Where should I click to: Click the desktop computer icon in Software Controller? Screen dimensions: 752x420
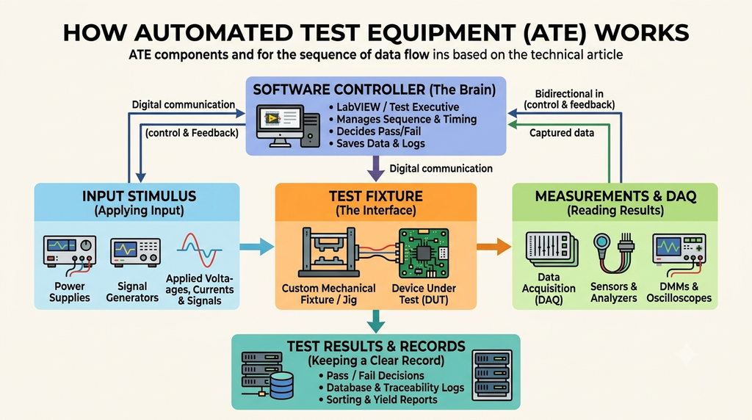[x=288, y=126]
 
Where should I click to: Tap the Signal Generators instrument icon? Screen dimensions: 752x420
[x=136, y=252]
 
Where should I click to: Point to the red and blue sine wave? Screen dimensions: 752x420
[x=199, y=250]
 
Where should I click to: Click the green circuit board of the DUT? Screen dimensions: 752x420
[x=424, y=253]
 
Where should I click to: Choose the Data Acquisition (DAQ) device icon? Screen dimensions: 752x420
[x=552, y=250]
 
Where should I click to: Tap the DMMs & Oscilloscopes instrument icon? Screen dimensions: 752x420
[x=679, y=250]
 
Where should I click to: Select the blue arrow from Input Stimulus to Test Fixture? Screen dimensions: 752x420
[x=256, y=247]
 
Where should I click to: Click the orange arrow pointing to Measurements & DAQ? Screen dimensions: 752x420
[x=493, y=247]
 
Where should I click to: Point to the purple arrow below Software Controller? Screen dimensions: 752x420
[x=376, y=168]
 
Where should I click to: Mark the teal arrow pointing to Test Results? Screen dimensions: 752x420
[x=376, y=321]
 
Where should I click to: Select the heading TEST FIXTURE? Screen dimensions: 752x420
[x=376, y=196]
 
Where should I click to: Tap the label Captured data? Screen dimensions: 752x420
[x=562, y=133]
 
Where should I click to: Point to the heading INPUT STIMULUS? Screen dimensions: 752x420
[x=139, y=196]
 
